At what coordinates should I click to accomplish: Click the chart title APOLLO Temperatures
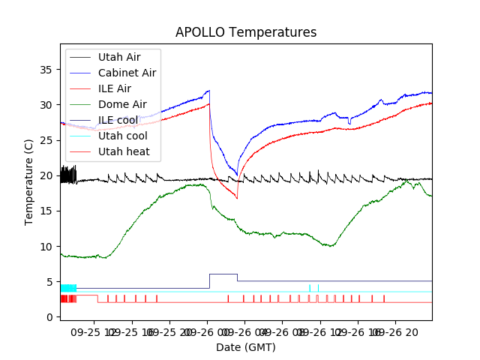coord(246,32)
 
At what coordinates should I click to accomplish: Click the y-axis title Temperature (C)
coord(29,181)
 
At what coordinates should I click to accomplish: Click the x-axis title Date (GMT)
coord(246,347)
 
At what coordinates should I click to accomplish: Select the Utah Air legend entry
coord(118,57)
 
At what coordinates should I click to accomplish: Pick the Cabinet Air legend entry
coord(127,73)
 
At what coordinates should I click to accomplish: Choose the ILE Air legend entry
coord(114,88)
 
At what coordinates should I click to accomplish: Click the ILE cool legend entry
coord(117,120)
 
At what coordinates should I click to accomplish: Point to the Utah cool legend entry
coord(122,136)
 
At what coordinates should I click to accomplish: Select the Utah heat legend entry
coord(123,151)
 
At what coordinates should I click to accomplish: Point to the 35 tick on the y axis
coord(46,69)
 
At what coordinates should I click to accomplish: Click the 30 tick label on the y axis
coord(46,104)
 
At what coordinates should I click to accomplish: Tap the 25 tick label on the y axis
coord(46,140)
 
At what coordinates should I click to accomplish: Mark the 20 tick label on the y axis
coord(46,175)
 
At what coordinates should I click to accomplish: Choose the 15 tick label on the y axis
coord(46,211)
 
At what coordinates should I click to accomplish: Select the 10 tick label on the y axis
coord(46,246)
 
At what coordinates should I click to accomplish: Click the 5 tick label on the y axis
coord(49,282)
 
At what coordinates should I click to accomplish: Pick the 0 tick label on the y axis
coord(49,317)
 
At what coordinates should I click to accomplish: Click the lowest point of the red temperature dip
coord(237,198)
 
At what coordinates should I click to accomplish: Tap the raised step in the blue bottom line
coord(223,274)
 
